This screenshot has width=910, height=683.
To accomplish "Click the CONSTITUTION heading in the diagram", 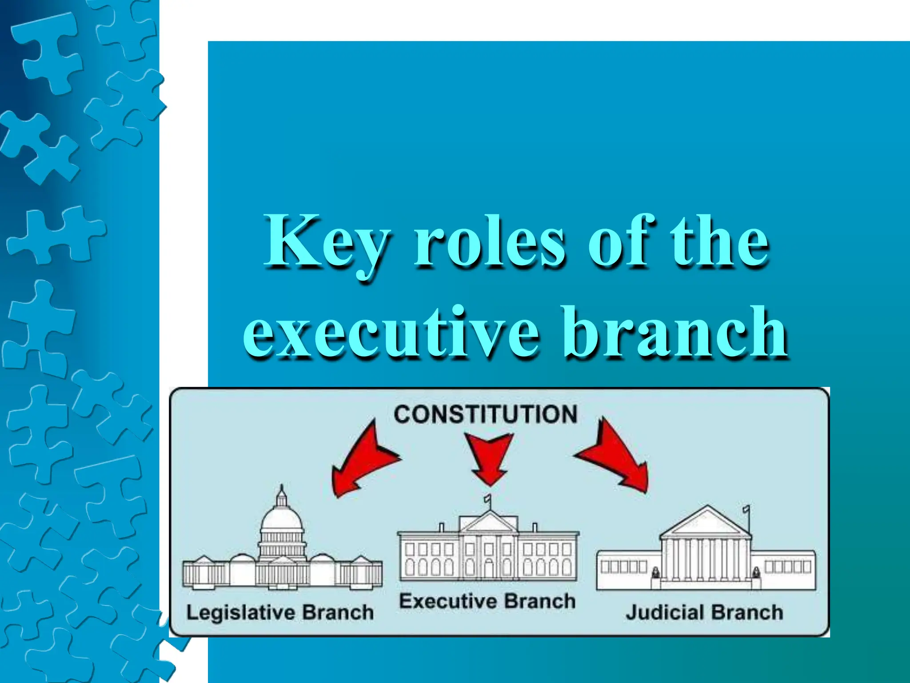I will (x=485, y=414).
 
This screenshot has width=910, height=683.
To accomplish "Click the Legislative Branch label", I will (x=280, y=613).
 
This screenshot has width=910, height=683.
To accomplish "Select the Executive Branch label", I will (x=487, y=601).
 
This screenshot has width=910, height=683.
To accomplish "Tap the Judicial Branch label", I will (x=704, y=613).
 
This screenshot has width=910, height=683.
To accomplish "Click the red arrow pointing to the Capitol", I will (x=362, y=462).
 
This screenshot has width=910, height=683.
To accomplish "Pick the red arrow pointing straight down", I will (x=489, y=458).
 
